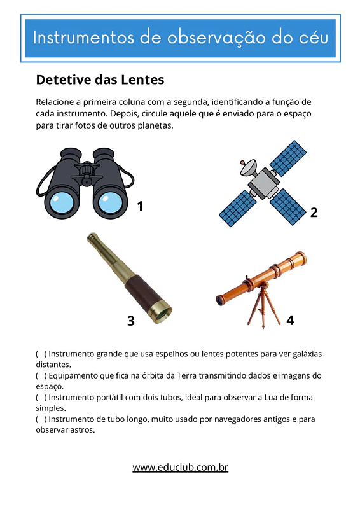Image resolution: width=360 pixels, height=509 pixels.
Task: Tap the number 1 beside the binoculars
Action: [x=140, y=206]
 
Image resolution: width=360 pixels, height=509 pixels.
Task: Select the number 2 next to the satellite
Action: [x=314, y=213]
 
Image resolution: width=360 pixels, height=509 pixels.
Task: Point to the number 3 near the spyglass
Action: [x=131, y=321]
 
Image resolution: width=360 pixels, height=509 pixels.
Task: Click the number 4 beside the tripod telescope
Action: [x=290, y=320]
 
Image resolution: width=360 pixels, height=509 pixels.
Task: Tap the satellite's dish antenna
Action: [x=248, y=167]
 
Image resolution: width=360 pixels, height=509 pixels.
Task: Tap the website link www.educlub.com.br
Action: [x=180, y=467]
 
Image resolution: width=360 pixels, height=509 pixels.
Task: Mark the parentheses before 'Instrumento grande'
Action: [x=41, y=354]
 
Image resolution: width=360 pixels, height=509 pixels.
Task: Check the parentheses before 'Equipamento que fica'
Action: [x=41, y=375]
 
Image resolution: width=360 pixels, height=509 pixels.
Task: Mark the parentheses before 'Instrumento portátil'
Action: [x=41, y=397]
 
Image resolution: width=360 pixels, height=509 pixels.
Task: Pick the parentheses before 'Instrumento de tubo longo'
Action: [x=41, y=419]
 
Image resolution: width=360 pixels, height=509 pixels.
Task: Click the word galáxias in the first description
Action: [x=307, y=354]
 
